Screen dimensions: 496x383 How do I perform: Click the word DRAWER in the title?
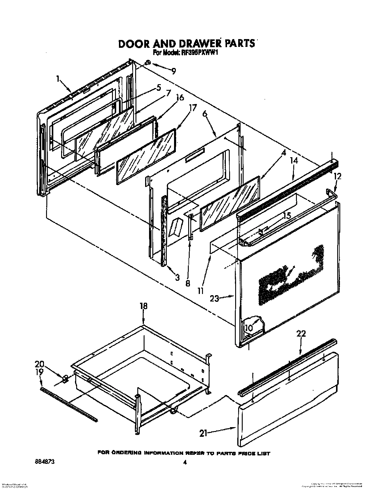[x=201, y=44]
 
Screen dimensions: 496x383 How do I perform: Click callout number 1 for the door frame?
[x=57, y=79]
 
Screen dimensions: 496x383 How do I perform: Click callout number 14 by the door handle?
[x=294, y=161]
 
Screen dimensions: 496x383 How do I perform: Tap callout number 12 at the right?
[x=338, y=176]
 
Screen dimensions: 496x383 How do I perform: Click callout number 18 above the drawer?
[x=144, y=306]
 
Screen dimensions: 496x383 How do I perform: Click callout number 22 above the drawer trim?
[x=301, y=333]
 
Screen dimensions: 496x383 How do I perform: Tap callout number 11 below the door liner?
[x=201, y=291]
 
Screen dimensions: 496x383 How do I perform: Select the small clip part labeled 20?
[x=65, y=379]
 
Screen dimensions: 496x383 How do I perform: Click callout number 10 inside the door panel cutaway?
[x=248, y=328]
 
